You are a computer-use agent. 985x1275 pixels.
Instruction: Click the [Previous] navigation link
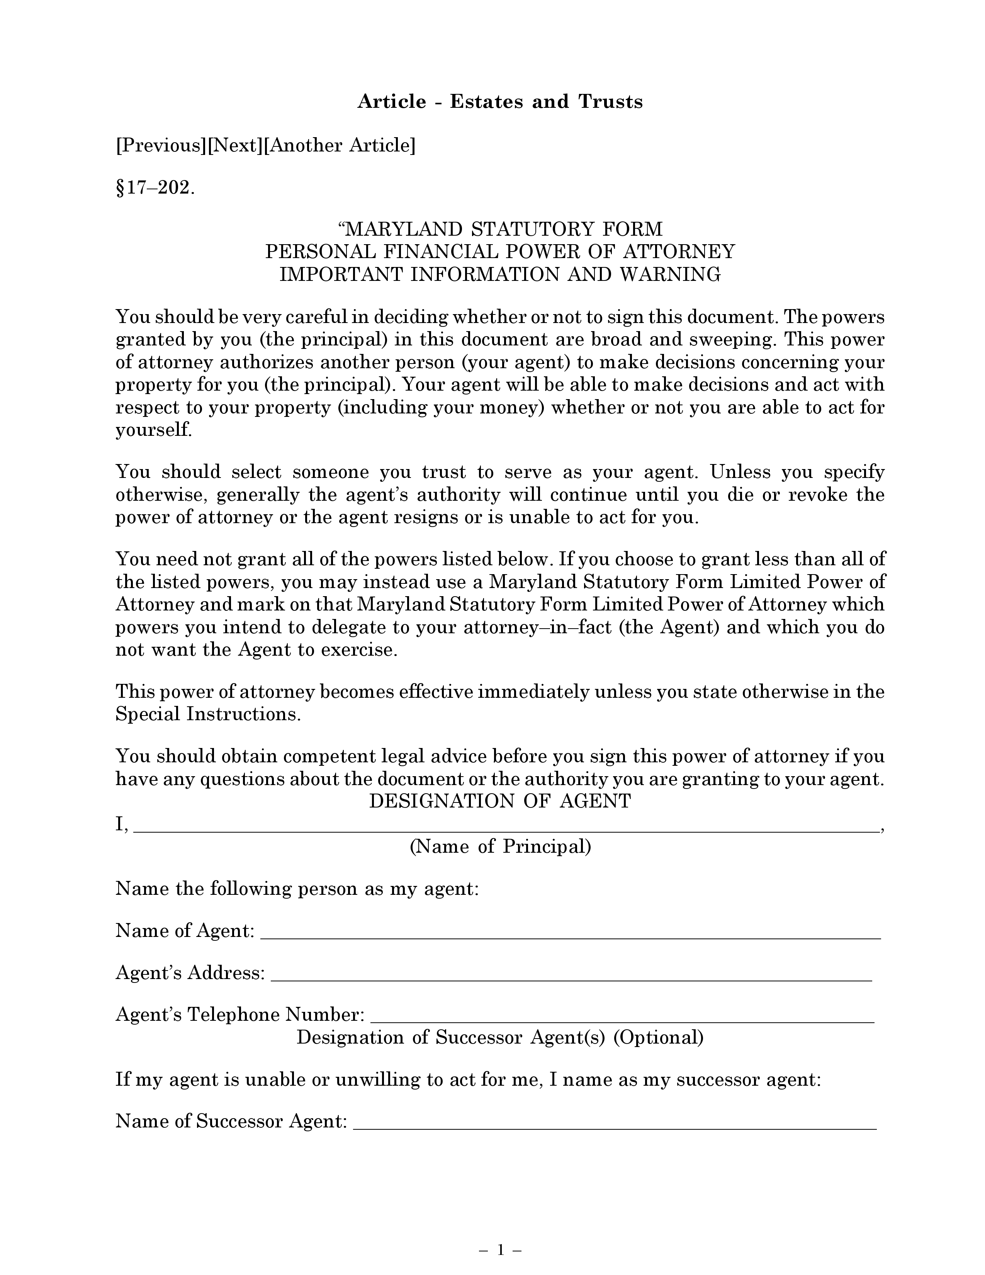pos(161,145)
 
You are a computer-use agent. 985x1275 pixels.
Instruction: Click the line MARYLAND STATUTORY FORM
pos(500,228)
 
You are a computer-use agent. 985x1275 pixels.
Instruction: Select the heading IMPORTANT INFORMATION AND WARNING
pos(500,274)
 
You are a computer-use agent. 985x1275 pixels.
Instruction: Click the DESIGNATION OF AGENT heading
pos(500,801)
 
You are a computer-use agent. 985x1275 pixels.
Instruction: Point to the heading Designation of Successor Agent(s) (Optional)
pos(500,1037)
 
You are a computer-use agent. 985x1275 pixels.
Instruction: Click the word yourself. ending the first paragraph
pos(153,430)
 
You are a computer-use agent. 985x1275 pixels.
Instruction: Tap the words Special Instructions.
pos(208,714)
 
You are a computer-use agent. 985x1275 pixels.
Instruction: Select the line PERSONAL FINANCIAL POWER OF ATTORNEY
pos(500,251)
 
